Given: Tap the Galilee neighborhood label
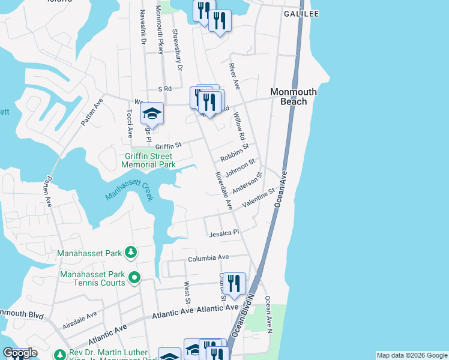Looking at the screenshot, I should pos(301,13).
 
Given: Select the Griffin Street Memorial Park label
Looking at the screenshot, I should pos(148,160).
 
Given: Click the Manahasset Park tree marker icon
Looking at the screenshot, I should pos(130,253).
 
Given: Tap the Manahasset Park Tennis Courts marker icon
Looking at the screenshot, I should pos(134,277).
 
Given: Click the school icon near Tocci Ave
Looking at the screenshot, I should pos(152,114).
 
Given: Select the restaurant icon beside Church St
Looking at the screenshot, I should pos(234,284).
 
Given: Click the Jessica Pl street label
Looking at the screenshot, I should pos(223,232).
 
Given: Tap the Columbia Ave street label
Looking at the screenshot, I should pos(208,258).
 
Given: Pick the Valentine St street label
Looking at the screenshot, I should pos(258,199).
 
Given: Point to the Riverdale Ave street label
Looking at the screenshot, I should pos(223,191).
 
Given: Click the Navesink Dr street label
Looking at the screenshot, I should pos(143,29).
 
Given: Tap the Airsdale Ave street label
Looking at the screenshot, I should pos(79,320).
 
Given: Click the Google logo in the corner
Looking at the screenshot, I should pos(19,353).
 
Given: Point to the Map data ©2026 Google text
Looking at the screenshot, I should pos(411,355).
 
